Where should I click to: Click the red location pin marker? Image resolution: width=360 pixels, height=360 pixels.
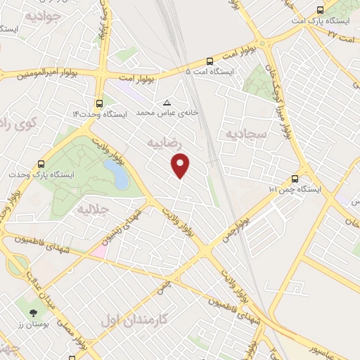[181, 166]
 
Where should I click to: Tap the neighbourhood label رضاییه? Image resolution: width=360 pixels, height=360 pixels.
[165, 143]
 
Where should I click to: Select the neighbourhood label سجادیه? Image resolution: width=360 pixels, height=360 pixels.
[243, 133]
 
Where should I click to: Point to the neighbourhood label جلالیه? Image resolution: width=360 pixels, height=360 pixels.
[91, 209]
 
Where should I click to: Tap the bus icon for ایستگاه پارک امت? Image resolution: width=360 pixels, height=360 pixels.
[321, 10]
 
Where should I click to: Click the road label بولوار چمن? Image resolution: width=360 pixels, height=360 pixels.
[237, 226]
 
